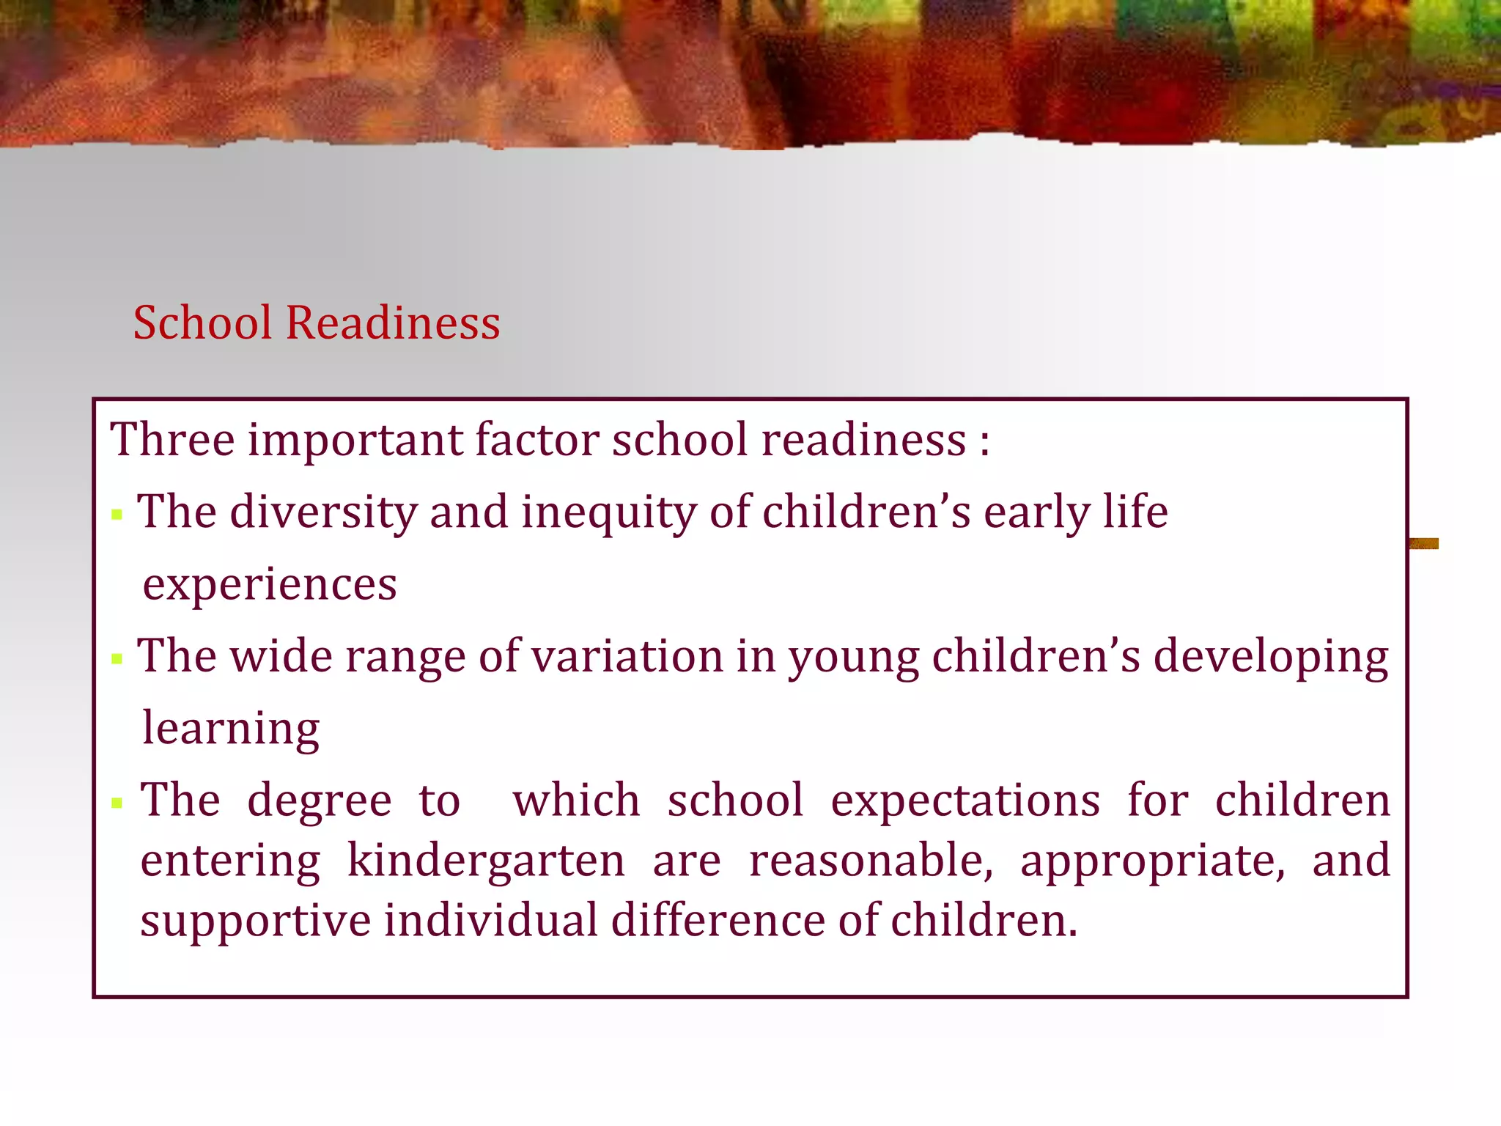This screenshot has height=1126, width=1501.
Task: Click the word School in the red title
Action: click(203, 323)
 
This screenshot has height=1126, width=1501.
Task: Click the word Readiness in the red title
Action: click(393, 323)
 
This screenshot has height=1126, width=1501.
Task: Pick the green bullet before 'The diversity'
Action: click(117, 514)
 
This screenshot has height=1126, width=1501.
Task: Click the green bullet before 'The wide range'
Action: click(117, 658)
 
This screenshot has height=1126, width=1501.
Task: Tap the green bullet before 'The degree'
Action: click(117, 803)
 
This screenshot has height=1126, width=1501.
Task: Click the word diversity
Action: click(323, 512)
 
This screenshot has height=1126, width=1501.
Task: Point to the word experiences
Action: click(270, 585)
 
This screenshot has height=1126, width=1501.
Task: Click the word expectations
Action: click(965, 801)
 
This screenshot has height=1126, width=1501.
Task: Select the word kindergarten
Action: click(486, 861)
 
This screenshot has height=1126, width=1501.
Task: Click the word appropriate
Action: click(1152, 862)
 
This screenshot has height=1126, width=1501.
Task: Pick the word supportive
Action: click(256, 921)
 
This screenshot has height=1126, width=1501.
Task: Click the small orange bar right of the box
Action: click(1423, 543)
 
